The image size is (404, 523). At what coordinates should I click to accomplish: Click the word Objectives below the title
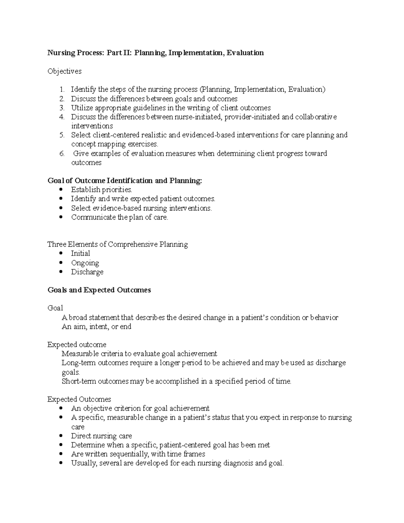[x=64, y=71]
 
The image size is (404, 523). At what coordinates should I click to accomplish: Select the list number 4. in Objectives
[x=62, y=117]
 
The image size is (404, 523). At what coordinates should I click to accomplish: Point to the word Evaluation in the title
[x=245, y=53]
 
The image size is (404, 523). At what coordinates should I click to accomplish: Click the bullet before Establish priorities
[x=61, y=190]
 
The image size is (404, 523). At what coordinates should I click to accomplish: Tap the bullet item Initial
[x=80, y=254]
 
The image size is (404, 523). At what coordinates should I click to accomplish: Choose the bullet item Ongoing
[x=85, y=263]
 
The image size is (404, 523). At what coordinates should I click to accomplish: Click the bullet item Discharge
[x=87, y=272]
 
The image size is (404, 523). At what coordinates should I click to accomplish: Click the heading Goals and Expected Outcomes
[x=99, y=290]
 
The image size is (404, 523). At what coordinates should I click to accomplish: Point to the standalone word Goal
[x=55, y=308]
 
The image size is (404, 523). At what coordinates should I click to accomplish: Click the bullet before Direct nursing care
[x=61, y=436]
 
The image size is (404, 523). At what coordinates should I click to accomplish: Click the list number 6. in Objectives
[x=62, y=154]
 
